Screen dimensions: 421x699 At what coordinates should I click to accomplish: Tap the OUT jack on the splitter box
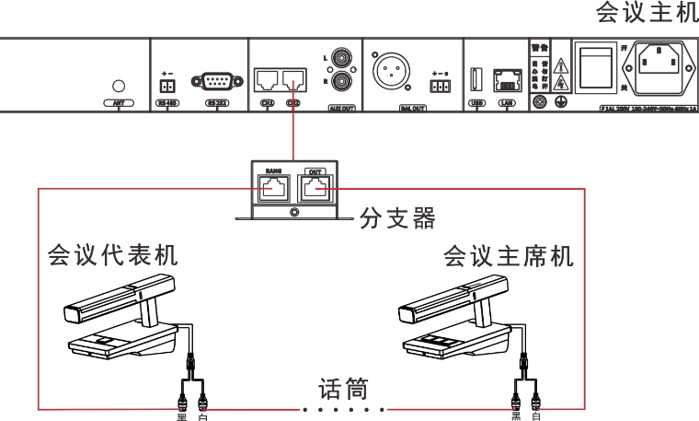pos(315,190)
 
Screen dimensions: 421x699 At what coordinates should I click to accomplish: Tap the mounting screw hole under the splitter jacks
pos(293,212)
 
